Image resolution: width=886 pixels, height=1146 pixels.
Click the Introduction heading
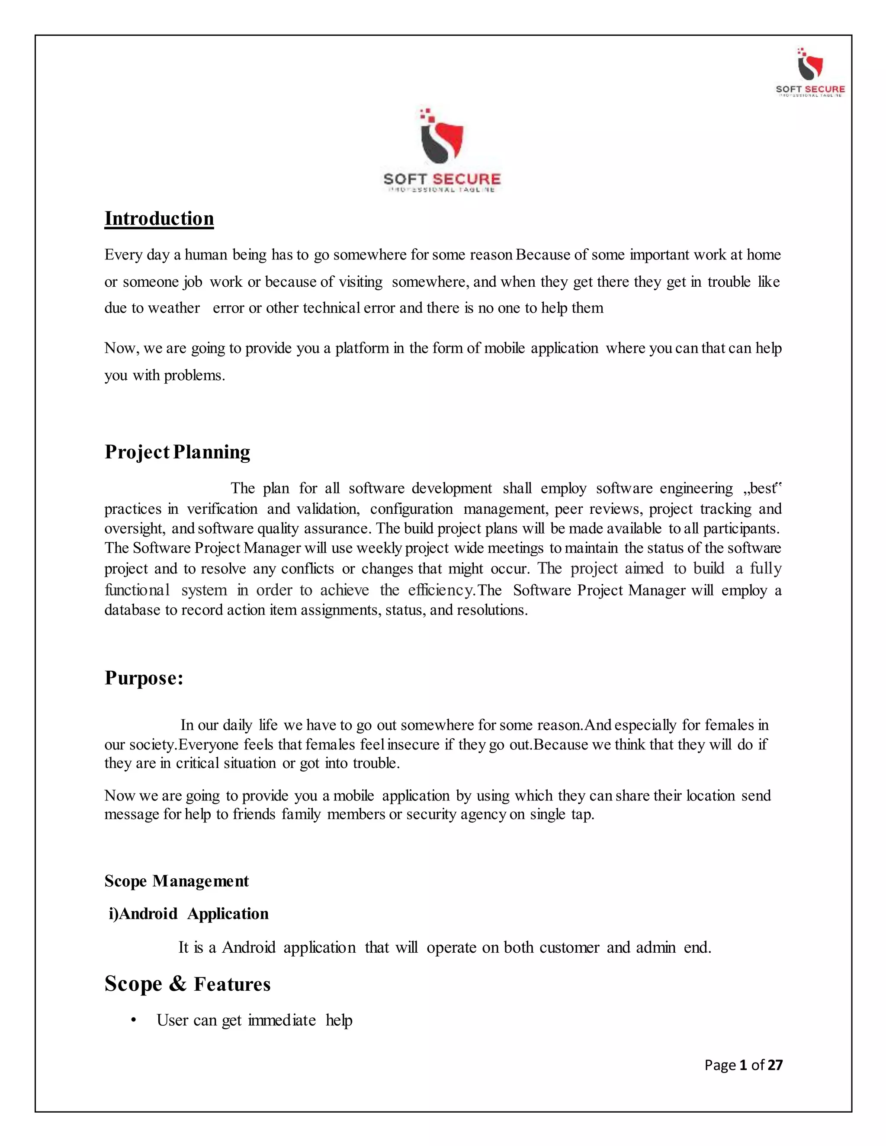pos(159,219)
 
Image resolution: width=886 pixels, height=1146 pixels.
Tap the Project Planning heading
pos(177,452)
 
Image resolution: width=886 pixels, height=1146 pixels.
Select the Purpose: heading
pos(144,678)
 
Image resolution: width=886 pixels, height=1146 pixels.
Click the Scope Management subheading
pos(177,881)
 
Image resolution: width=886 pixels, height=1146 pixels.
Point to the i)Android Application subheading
pos(189,913)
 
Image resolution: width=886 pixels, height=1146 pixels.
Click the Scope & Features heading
pos(187,984)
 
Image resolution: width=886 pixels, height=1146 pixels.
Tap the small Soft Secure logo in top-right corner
pos(810,72)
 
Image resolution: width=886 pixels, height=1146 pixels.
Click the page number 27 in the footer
pos(775,1065)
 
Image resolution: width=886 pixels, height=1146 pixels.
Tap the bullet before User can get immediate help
pos(134,1020)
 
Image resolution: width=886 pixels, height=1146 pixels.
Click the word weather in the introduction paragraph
pos(174,308)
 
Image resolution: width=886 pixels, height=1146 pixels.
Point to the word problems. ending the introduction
pos(194,376)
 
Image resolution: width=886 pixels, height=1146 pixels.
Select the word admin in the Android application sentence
pos(655,948)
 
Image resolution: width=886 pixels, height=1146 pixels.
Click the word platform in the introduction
pos(362,349)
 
